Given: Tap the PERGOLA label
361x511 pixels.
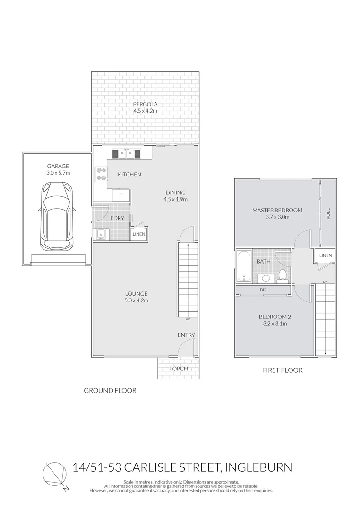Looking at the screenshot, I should (145, 104).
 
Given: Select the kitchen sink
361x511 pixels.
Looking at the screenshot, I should (126, 153).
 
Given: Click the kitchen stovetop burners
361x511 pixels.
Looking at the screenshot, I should (101, 174).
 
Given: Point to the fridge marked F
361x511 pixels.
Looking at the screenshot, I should (121, 194).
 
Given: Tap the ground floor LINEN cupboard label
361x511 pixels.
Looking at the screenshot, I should (139, 234).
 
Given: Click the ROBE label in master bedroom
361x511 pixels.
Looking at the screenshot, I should (327, 213).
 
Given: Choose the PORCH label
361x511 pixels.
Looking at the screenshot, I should (178, 369).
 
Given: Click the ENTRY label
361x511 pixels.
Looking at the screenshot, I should (186, 335).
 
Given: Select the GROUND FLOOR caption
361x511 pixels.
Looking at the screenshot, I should (110, 390).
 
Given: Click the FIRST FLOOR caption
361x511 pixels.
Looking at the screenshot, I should (282, 370).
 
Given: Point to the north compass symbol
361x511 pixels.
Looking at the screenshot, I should (55, 474).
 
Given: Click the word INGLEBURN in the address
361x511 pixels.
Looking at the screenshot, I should (260, 467).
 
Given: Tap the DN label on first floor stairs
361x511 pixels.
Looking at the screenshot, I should (325, 282).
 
